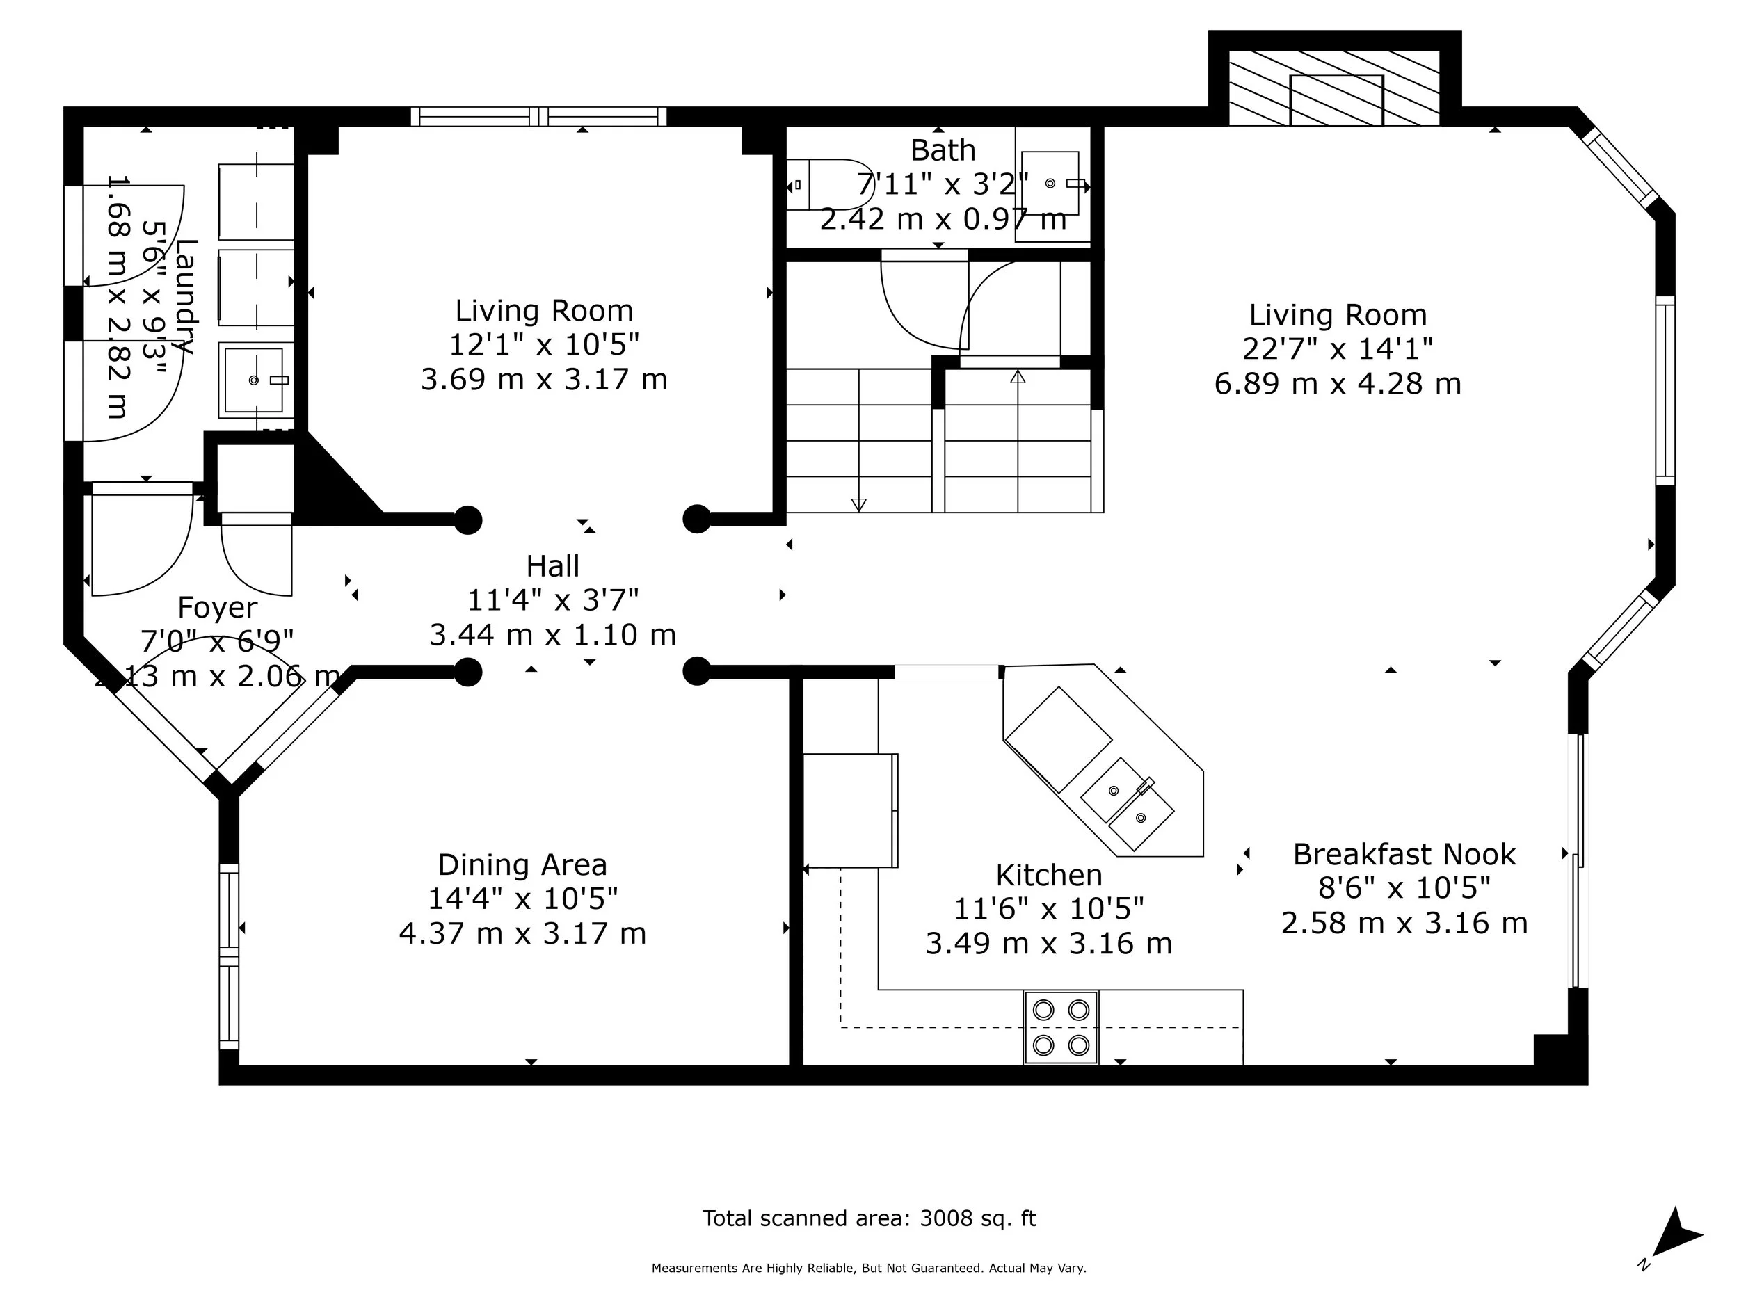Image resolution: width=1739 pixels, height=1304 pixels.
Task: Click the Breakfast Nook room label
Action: pos(1404,855)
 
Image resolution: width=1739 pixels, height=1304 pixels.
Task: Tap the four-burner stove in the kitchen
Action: pos(1061,1027)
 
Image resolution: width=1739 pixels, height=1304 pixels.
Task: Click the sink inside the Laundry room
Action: pos(254,380)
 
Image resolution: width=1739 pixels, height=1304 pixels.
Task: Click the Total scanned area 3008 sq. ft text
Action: pos(869,1218)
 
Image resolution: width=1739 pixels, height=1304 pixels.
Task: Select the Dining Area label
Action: pos(522,864)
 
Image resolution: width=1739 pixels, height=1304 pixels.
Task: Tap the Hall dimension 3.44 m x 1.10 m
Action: pos(553,635)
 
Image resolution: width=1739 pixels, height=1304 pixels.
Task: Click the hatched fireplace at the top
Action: pos(1334,88)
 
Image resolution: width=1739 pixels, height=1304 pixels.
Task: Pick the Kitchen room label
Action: pos(1049,875)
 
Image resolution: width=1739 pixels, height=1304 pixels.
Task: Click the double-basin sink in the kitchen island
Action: pos(1127,804)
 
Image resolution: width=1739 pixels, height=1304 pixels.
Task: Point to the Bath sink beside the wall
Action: pos(1050,184)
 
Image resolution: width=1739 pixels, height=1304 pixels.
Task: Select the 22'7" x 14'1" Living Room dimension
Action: pos(1337,349)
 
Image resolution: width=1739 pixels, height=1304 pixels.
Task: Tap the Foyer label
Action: pos(217,608)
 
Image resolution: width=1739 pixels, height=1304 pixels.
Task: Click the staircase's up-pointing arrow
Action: pos(1018,377)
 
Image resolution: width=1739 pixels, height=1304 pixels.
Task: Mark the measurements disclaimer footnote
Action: pos(869,1268)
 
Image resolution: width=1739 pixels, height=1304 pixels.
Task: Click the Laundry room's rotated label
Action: pos(186,297)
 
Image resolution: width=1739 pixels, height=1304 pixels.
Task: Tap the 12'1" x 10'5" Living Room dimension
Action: pos(544,345)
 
